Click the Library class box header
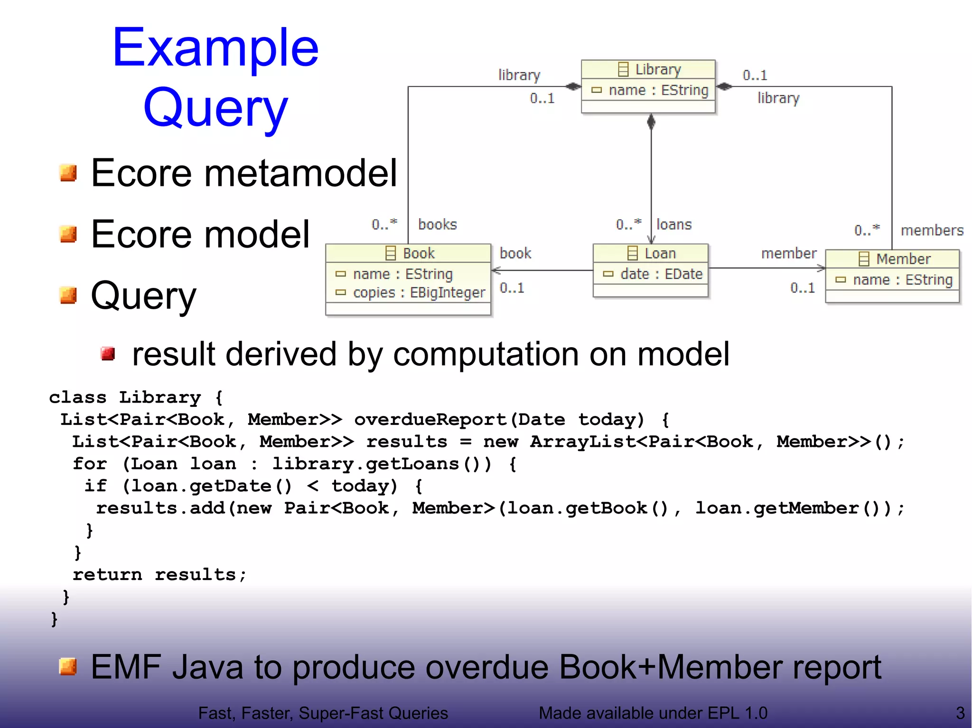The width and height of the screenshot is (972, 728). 648,69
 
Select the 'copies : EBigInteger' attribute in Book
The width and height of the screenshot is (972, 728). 411,293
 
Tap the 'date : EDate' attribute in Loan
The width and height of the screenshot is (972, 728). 653,274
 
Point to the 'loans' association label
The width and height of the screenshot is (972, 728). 673,224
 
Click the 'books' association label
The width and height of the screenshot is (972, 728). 437,224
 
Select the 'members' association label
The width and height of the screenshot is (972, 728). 932,230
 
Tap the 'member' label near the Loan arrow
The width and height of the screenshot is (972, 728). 788,253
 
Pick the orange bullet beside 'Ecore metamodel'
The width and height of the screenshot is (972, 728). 68,173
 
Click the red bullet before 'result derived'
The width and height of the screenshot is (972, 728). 108,354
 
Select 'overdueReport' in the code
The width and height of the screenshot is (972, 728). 430,419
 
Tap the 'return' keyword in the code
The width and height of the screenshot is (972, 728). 107,574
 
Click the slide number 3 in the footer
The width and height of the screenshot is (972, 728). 960,713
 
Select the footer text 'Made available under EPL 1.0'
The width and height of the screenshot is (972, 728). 653,713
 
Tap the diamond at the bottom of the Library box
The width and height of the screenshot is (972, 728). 651,122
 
